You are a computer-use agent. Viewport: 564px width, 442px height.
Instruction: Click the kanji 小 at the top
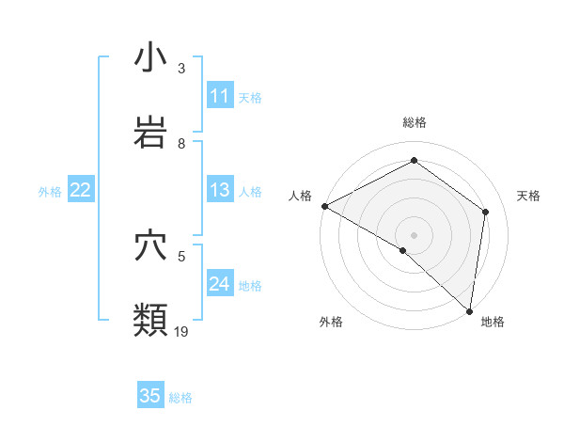point(150,58)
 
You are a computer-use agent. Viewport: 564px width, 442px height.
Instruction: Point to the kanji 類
point(150,320)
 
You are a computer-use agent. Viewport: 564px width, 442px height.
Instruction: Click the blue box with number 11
point(220,96)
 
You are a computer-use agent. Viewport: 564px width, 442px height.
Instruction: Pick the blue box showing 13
point(220,191)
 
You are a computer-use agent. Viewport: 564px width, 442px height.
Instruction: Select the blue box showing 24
point(220,285)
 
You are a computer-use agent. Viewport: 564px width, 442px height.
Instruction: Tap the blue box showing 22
point(81,191)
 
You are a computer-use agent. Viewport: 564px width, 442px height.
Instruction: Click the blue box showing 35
point(150,396)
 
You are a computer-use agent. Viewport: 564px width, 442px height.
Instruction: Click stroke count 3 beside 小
point(181,69)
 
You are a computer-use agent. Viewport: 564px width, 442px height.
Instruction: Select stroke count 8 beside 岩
point(181,143)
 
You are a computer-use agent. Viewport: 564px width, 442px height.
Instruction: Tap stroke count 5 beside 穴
point(181,255)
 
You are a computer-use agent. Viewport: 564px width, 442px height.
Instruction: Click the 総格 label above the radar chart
point(415,122)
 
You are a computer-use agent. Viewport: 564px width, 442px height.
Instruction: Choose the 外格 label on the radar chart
point(330,323)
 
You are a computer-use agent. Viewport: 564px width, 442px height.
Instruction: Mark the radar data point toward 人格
point(324,206)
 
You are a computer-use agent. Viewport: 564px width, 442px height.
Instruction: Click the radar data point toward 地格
point(469,309)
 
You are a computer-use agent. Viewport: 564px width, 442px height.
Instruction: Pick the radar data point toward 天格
point(486,212)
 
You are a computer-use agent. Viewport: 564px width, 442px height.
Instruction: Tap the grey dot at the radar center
point(414,234)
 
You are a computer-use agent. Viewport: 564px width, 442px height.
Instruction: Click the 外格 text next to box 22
point(50,192)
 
